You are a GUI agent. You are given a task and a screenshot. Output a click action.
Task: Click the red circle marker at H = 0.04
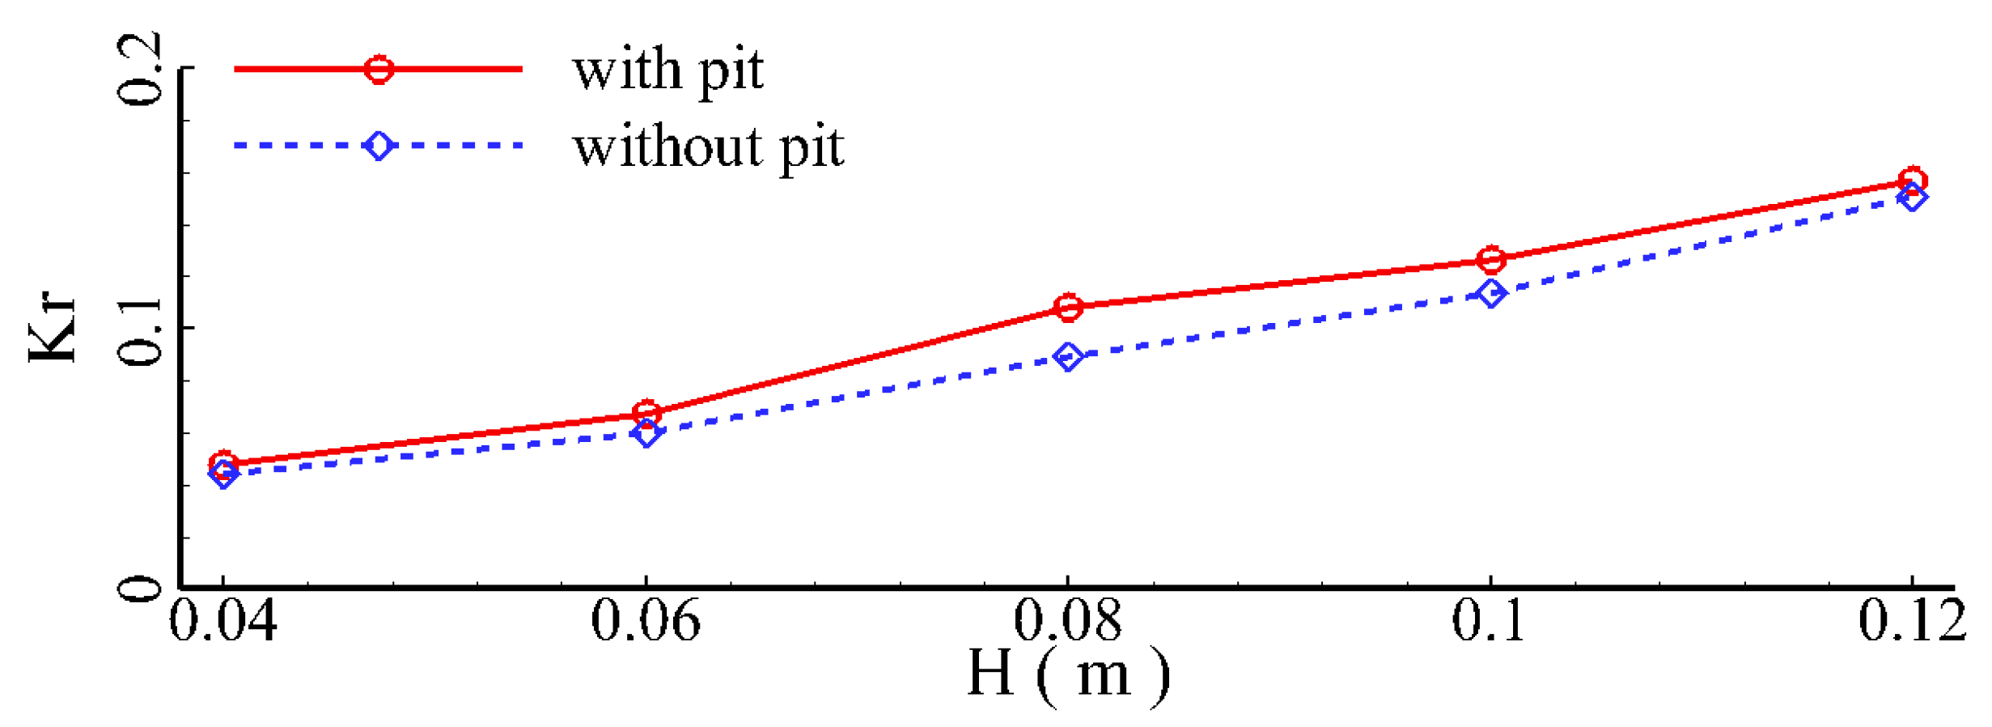click(223, 464)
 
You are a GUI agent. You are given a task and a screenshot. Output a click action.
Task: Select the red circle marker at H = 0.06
click(646, 413)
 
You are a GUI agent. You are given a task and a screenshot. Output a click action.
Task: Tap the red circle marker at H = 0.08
click(1068, 307)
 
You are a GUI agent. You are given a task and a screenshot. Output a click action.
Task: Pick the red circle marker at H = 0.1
click(1491, 259)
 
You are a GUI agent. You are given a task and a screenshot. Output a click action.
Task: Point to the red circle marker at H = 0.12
click(1913, 180)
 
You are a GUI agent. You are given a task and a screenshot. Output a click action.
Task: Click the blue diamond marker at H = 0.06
click(646, 434)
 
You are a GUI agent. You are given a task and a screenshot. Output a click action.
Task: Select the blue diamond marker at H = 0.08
click(1068, 356)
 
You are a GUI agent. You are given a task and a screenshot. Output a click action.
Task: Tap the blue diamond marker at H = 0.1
click(1491, 292)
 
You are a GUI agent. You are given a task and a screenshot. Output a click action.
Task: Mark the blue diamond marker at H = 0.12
click(1913, 197)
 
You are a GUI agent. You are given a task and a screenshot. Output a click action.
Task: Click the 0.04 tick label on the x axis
click(223, 622)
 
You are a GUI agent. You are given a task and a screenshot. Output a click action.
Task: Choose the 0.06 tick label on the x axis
click(646, 622)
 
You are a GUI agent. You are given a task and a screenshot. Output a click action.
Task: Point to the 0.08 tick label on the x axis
click(1068, 622)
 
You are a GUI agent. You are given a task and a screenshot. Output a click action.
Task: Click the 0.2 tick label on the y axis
click(139, 70)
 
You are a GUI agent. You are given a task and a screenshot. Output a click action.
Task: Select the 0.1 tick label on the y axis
click(139, 329)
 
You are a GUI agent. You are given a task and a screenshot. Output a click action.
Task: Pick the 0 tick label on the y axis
click(139, 589)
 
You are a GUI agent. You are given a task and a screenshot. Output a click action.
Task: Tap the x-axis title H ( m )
click(1068, 674)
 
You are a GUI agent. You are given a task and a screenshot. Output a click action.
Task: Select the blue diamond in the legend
click(379, 146)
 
